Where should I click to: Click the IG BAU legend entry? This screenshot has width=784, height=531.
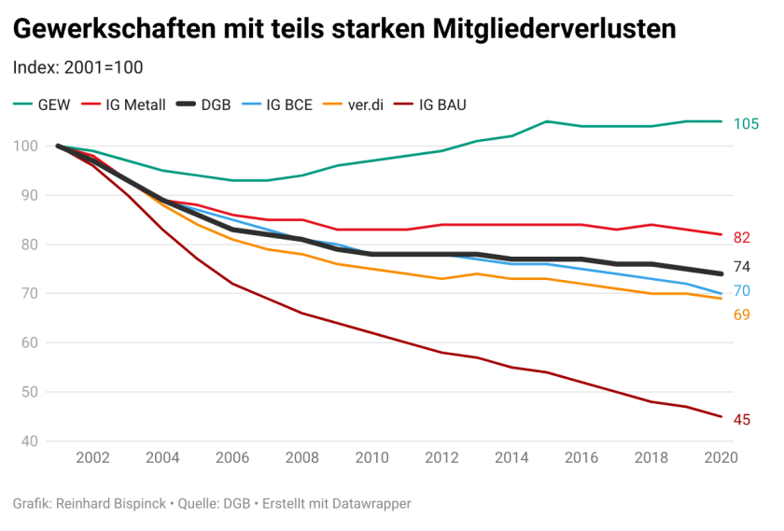pos(441,105)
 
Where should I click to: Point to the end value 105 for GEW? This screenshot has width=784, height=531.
pos(747,123)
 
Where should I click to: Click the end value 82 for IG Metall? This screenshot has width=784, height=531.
pos(742,237)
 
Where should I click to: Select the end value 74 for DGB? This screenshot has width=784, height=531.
pos(742,267)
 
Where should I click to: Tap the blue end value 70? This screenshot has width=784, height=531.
pos(742,291)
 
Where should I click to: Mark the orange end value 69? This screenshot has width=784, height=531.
pos(742,314)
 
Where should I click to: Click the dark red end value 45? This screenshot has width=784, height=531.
pos(742,420)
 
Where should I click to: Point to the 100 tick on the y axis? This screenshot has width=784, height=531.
pos(25,147)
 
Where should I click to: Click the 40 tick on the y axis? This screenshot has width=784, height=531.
pos(29,441)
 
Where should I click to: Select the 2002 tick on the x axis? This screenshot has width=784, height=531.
pos(93,458)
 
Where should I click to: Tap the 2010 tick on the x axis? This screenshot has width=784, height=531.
pos(371,458)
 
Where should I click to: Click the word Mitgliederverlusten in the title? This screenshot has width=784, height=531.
pos(555,30)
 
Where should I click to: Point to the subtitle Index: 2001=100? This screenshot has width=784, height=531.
pos(77,67)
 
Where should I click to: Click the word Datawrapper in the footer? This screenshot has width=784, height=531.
pos(368,504)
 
